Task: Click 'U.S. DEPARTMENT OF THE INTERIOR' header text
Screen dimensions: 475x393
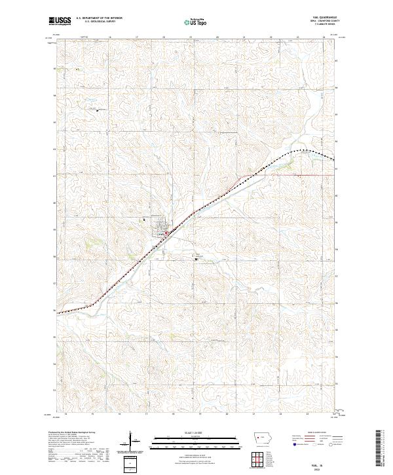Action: point(99,18)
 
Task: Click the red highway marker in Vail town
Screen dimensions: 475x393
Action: point(166,231)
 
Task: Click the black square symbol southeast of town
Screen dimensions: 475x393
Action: point(196,259)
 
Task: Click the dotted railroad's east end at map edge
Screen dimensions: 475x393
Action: point(334,160)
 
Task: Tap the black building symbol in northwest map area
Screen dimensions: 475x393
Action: point(97,109)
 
